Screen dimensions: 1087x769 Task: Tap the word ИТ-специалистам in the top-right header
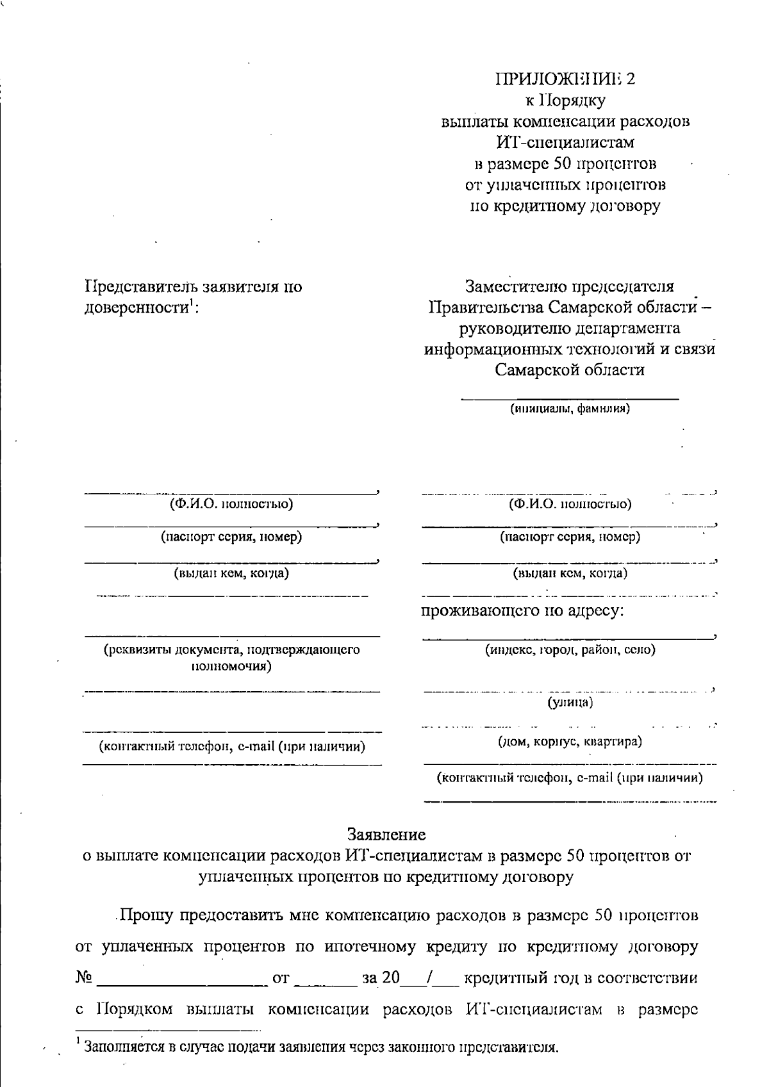coord(566,142)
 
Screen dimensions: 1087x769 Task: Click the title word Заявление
coord(386,834)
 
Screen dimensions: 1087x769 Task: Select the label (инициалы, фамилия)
coord(570,408)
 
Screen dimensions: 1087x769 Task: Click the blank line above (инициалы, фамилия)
coord(570,398)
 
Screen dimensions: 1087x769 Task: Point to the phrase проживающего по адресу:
coord(522,610)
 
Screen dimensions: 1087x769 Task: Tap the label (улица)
coord(570,703)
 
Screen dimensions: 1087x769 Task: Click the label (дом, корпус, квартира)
coord(570,742)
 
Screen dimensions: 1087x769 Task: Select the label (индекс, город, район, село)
coord(570,650)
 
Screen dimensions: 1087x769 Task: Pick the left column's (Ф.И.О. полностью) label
coord(231,503)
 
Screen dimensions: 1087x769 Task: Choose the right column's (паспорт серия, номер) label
coord(570,537)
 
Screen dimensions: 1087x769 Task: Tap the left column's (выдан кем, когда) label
coord(231,573)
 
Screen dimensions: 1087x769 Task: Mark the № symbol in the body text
coord(84,978)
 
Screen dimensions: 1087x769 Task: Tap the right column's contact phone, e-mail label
coord(570,778)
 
